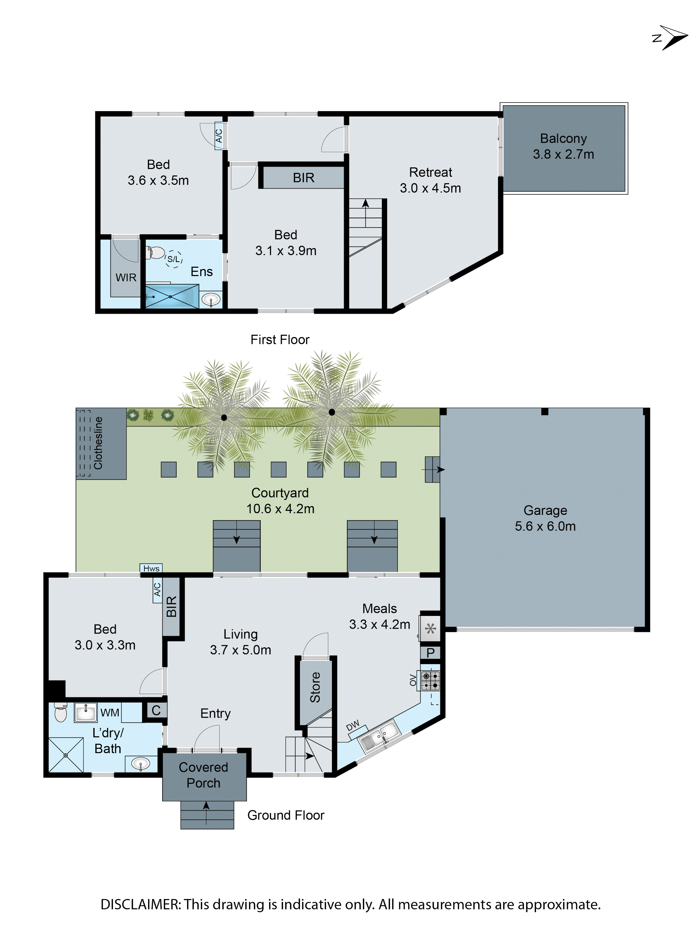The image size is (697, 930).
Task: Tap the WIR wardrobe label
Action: pyautogui.click(x=126, y=277)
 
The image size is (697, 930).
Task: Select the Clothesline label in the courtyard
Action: pyautogui.click(x=98, y=443)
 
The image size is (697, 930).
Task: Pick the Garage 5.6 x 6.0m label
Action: pyautogui.click(x=545, y=518)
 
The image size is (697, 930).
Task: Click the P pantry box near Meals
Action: pyautogui.click(x=430, y=653)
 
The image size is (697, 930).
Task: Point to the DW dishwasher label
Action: pyautogui.click(x=353, y=725)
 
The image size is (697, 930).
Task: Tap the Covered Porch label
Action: pyautogui.click(x=203, y=775)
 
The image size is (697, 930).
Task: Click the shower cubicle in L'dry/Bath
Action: pyautogui.click(x=66, y=755)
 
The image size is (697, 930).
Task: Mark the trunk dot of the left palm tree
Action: pyautogui.click(x=224, y=418)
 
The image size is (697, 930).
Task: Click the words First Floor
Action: pyautogui.click(x=280, y=340)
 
